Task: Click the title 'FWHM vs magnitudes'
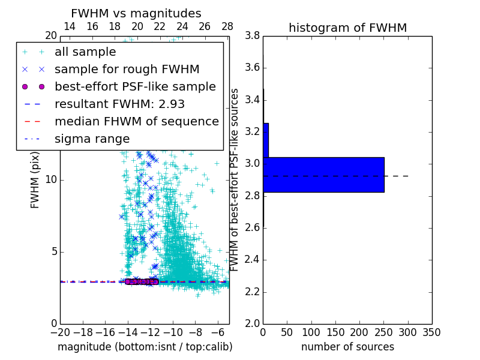(136, 13)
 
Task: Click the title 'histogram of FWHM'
(347, 28)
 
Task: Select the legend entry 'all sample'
(85, 52)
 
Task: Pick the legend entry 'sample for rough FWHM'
(127, 70)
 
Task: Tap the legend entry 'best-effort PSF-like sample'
(135, 87)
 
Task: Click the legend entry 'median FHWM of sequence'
(136, 122)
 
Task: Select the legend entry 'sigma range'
(92, 139)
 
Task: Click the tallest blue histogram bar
(323, 175)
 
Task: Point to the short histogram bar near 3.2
(266, 140)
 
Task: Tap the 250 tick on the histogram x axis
(383, 331)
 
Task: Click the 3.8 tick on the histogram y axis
(251, 36)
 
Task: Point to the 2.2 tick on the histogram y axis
(251, 292)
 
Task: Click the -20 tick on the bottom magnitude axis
(60, 331)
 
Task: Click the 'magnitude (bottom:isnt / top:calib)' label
(145, 347)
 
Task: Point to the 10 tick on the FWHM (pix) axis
(50, 180)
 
